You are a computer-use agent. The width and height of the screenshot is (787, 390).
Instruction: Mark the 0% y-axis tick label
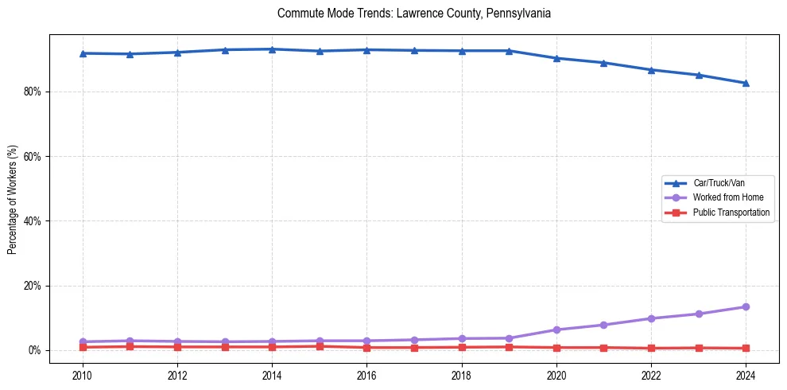(x=34, y=350)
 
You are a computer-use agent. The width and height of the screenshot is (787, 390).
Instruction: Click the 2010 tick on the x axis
(x=82, y=375)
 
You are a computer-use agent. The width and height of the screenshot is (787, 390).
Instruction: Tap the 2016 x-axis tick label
(x=366, y=375)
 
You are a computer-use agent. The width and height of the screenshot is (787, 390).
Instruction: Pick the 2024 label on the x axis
(x=746, y=375)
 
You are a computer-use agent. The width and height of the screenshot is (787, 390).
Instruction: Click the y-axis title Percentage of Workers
(x=13, y=199)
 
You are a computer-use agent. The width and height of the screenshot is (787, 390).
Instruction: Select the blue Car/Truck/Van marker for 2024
(x=746, y=83)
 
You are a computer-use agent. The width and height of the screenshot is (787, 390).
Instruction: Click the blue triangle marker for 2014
(x=272, y=49)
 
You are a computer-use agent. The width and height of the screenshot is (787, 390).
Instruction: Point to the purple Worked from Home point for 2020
(x=556, y=330)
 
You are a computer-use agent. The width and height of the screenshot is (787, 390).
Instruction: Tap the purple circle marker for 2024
(x=746, y=306)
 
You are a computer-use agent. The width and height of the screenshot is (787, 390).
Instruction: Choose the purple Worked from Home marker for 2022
(x=651, y=318)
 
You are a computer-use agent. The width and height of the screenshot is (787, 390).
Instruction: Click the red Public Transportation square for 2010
(x=82, y=347)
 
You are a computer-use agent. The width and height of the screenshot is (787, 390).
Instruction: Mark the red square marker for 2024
(x=746, y=348)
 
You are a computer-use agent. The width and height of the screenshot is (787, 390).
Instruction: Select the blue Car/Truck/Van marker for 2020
(x=556, y=58)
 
